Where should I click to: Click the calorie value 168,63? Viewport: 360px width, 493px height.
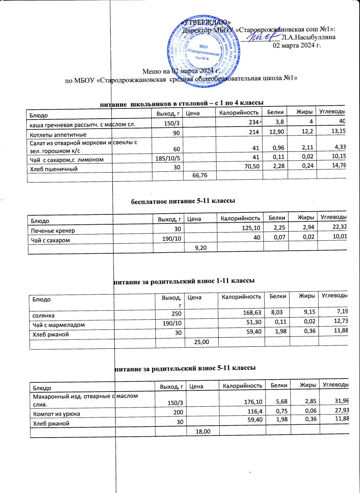click(x=252, y=315)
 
